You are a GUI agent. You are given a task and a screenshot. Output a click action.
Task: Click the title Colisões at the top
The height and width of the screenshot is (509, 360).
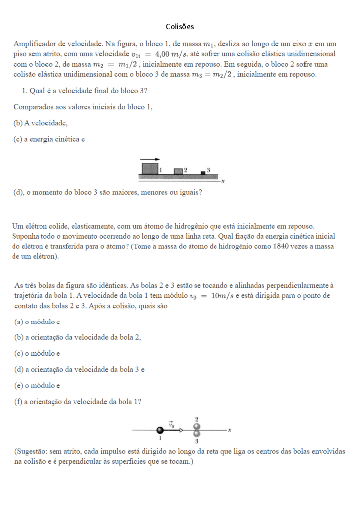point(180,27)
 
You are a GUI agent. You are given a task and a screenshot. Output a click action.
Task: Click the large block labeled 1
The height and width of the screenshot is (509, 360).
point(150,168)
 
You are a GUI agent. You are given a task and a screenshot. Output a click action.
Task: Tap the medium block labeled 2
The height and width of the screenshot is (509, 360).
point(178,171)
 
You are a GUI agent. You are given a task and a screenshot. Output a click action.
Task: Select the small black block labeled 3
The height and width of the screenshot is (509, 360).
point(203,173)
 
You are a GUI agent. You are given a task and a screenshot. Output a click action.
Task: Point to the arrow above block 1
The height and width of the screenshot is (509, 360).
point(150,159)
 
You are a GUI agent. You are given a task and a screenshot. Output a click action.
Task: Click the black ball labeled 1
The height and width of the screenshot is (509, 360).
point(160,430)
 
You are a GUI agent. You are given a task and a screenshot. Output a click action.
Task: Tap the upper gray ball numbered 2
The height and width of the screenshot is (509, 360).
point(197,427)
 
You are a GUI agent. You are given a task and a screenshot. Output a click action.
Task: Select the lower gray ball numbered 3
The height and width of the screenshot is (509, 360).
point(197,434)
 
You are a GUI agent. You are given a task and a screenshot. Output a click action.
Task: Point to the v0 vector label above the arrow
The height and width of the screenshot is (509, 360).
point(171,424)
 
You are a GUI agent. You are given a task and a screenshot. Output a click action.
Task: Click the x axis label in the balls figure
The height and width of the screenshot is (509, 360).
point(229,430)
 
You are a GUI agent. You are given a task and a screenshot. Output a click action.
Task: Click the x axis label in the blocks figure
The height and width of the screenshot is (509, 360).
point(223,181)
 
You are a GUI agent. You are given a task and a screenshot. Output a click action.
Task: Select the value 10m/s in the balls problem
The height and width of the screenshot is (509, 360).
point(222,296)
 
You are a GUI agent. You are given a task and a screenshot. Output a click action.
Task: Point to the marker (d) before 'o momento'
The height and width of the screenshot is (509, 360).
point(19,192)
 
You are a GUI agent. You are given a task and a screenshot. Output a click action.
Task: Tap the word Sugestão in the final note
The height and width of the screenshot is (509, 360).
point(31,451)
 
